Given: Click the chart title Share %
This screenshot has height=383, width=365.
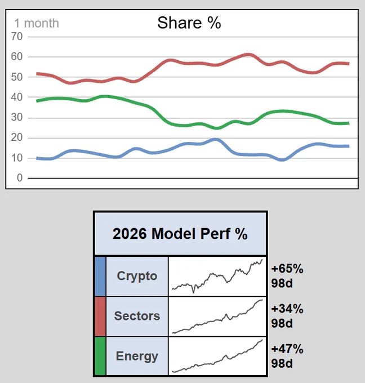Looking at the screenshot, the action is pos(189,23).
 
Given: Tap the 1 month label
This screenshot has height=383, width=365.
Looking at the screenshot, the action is pos(37,24).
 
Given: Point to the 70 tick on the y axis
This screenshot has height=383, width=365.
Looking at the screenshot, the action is pos(17,37).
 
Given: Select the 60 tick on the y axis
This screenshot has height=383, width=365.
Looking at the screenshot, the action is pos(17,57).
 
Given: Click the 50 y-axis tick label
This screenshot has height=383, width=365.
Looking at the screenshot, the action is pos(17,77).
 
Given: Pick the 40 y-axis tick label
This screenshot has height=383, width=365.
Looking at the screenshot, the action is pos(17,97).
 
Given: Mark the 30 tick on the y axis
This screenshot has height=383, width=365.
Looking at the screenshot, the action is pos(17,118).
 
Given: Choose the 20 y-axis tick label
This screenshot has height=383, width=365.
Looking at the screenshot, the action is pos(17,138).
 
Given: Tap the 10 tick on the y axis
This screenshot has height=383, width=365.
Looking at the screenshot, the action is pos(17,158).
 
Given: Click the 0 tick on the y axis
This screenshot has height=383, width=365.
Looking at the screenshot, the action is pos(20,178).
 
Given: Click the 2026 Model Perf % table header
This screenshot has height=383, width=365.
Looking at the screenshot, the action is pos(180,234).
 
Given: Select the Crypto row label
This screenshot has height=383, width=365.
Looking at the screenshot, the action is pos(137,276).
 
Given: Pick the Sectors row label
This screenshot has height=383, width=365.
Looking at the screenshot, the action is pos(137,316).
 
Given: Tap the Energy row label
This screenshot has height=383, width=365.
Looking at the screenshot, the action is pos(137,357).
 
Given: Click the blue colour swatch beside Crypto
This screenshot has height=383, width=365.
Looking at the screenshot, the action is pos(100,276).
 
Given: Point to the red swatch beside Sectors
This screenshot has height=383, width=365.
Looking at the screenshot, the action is pos(100,317).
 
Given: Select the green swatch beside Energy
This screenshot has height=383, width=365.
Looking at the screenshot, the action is pos(100,356).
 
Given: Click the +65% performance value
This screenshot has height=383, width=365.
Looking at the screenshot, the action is pos(287,269).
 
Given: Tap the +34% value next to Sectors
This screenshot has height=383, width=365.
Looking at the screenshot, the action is pos(287,309).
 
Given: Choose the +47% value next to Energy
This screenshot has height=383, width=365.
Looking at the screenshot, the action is pos(287,349).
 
